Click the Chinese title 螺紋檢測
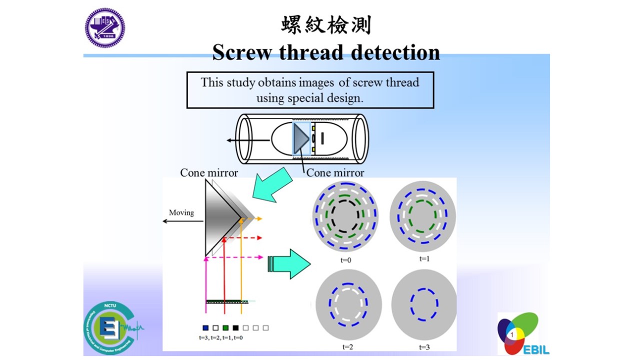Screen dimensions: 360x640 pos(326,25)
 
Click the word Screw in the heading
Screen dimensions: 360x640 pos(242,52)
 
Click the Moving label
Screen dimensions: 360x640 pos(181,212)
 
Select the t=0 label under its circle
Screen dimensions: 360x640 pos(345,260)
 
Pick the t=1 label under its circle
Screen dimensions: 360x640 pos(424,258)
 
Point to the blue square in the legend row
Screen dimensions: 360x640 pos(205,328)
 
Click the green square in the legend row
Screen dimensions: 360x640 pos(225,328)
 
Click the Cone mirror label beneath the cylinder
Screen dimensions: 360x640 pos(335,172)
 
